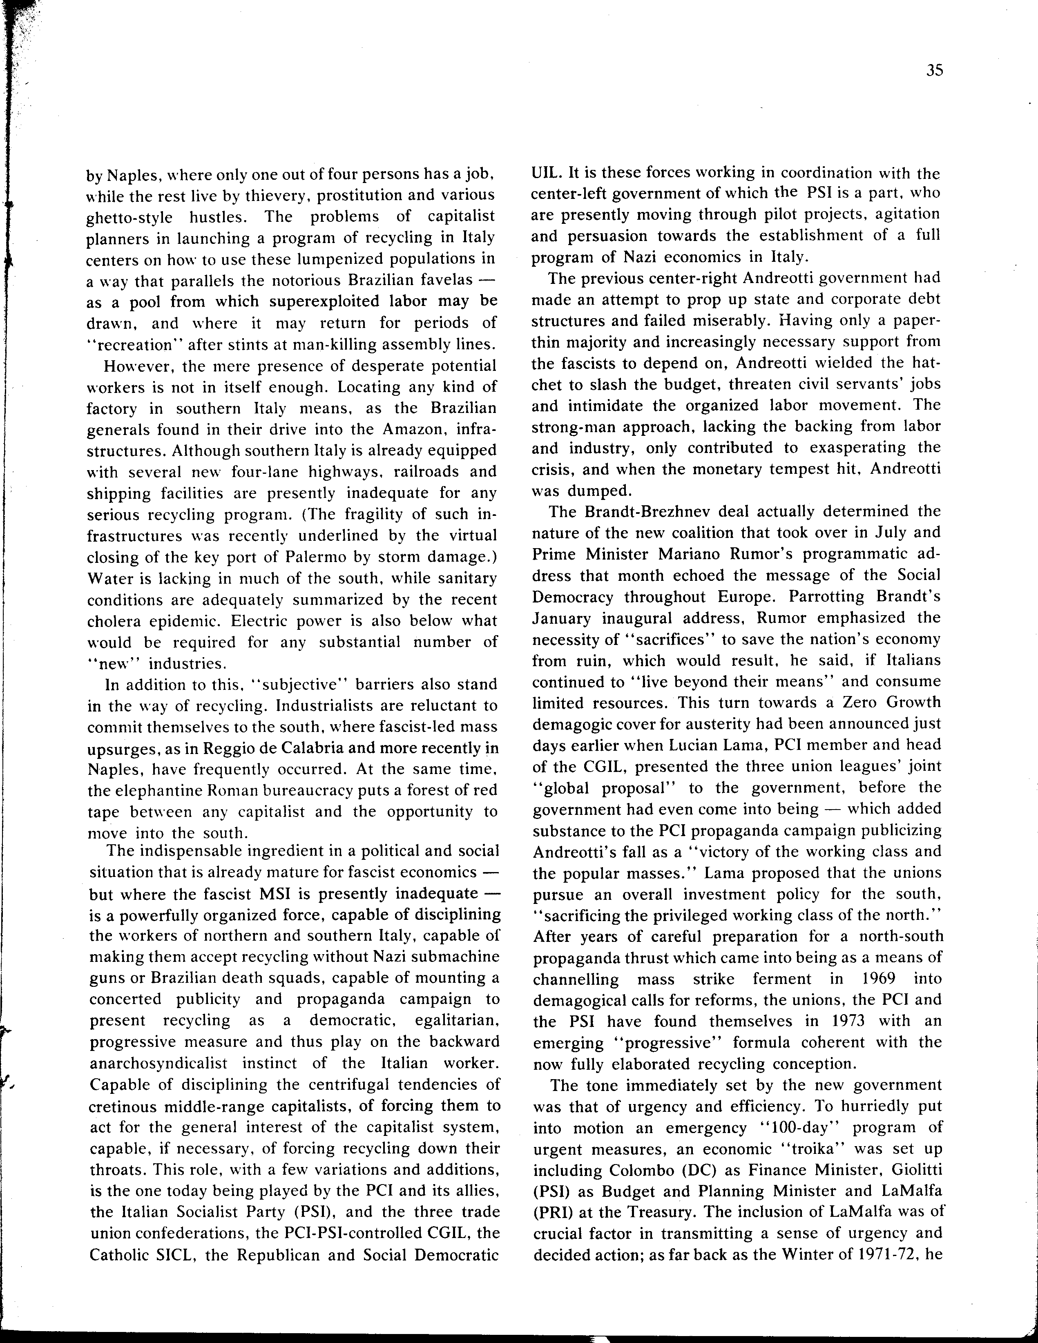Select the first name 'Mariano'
point(684,554)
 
